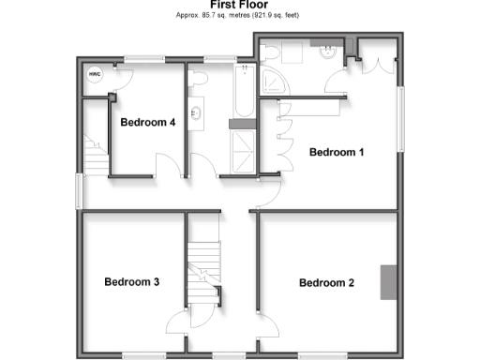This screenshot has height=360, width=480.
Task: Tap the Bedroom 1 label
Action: pos(337,152)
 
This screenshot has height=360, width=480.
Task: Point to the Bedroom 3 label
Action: pos(131,281)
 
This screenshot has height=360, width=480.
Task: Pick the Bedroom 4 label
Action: pos(148,122)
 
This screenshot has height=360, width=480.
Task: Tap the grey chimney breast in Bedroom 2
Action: pos(386,281)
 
